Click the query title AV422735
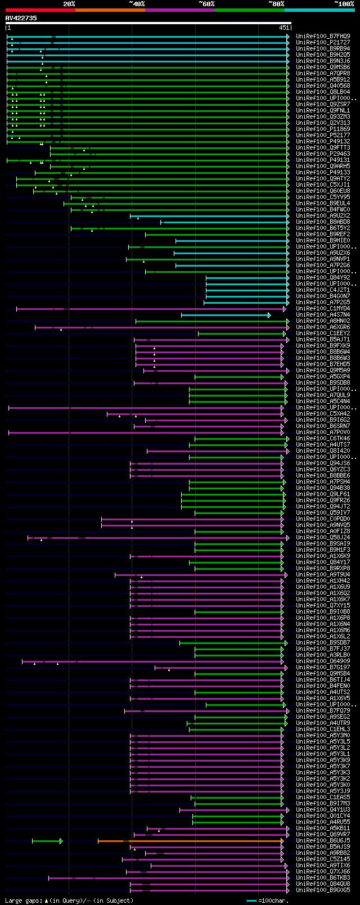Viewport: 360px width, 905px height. click(x=21, y=18)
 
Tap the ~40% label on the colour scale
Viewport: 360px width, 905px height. click(x=137, y=4)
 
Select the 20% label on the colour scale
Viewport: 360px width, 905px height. click(x=69, y=4)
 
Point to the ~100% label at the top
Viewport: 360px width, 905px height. click(x=344, y=4)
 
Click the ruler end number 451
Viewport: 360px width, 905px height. click(x=283, y=28)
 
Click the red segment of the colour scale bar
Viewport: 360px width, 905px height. click(x=40, y=10)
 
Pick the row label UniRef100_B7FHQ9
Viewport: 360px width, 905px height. click(x=323, y=37)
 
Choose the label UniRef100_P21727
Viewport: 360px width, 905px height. click(x=323, y=43)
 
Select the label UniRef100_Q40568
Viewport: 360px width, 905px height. click(x=323, y=86)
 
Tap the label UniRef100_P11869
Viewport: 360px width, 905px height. click(x=323, y=129)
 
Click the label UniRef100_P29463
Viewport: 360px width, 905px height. click(x=323, y=154)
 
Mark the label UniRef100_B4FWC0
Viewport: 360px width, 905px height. click(x=323, y=210)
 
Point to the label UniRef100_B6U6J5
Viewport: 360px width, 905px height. click(x=323, y=841)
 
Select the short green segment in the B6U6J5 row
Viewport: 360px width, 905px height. click(x=47, y=841)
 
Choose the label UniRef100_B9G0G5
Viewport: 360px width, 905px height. click(x=323, y=890)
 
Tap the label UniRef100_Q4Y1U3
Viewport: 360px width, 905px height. click(x=323, y=810)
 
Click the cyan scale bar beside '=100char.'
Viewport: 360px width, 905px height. click(x=251, y=901)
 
